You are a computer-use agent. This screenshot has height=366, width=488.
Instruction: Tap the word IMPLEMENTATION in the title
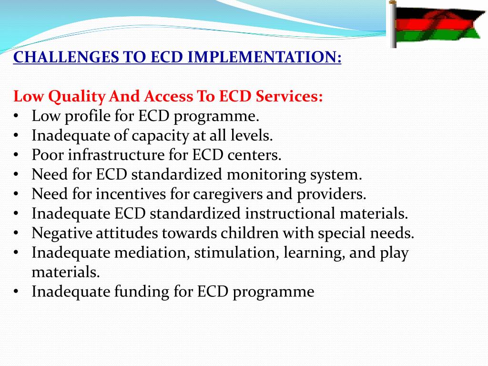click(x=265, y=58)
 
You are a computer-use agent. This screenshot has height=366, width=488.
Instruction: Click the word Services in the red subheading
click(x=289, y=97)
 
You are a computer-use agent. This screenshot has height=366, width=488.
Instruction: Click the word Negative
click(x=62, y=234)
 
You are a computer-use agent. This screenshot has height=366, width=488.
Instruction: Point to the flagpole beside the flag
click(x=393, y=24)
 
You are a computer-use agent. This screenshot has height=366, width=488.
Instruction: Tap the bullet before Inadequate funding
click(x=16, y=292)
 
